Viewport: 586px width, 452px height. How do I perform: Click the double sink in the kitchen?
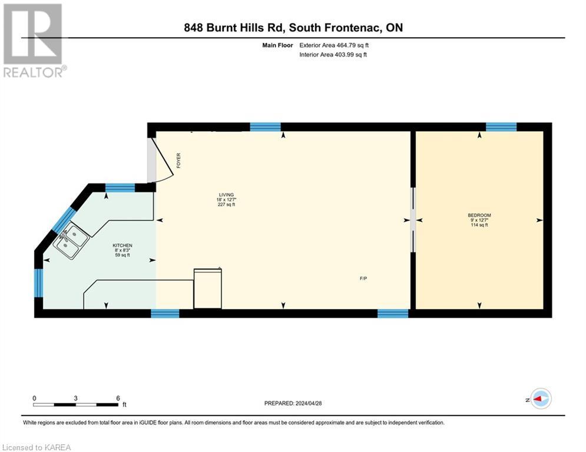coord(71,241)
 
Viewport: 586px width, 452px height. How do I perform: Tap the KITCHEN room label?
coord(123,245)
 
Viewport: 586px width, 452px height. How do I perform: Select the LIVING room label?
coord(226,194)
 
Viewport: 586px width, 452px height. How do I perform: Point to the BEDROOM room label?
coord(479,215)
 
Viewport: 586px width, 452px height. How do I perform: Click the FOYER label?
coord(178,161)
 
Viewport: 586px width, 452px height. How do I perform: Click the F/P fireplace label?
coord(364,278)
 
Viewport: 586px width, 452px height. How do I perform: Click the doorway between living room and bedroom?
coord(413,220)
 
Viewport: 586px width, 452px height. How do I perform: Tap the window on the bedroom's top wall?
coord(501,127)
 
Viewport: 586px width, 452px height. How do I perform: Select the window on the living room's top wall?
coord(265,127)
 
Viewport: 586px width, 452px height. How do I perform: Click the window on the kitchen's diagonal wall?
coord(64,219)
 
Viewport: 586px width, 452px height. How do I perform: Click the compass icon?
coord(540,398)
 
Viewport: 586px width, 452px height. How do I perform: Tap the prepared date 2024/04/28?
coord(293,403)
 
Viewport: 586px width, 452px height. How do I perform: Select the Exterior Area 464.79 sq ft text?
coord(335,45)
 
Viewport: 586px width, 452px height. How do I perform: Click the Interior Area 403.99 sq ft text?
coord(333,55)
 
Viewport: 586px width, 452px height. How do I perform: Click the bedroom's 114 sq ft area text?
coord(479,225)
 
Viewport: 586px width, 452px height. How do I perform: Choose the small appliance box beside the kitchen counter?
coord(208,288)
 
